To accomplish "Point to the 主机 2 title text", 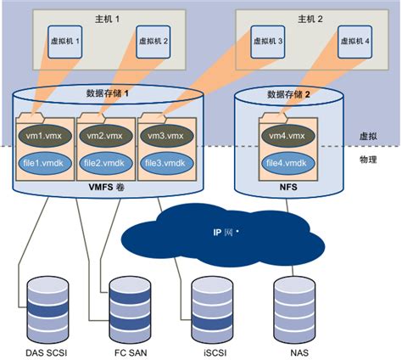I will [x=309, y=18].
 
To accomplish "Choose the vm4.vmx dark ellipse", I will [x=288, y=135].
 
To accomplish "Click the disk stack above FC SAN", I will [x=131, y=307].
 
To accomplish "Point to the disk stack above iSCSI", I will [x=211, y=307].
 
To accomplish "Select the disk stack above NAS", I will [x=293, y=307].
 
